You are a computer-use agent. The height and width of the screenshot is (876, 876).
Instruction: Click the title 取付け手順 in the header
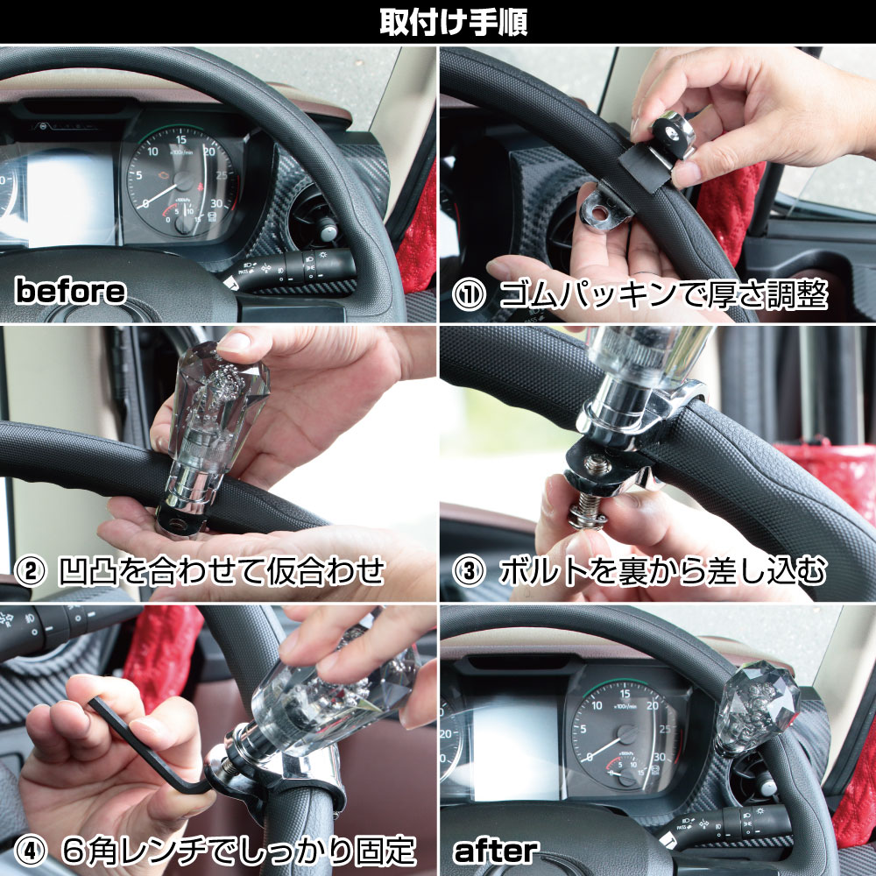click(x=453, y=23)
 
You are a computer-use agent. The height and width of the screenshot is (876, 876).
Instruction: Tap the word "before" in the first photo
click(x=70, y=291)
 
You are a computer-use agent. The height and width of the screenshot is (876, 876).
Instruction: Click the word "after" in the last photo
click(x=496, y=851)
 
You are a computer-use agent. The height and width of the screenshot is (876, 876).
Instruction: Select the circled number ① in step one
click(x=469, y=295)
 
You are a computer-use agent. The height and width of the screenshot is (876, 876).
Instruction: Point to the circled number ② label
click(x=30, y=570)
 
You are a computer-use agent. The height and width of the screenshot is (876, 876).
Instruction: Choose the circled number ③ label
click(x=469, y=571)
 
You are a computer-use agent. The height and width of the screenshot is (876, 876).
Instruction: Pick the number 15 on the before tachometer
click(x=181, y=139)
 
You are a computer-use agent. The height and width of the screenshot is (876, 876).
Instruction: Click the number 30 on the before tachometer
click(x=216, y=203)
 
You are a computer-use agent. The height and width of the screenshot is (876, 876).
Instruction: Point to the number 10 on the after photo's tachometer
click(x=597, y=705)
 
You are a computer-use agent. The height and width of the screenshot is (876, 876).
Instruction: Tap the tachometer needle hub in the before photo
click(x=183, y=180)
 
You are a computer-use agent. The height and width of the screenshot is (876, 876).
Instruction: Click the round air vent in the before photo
click(x=314, y=223)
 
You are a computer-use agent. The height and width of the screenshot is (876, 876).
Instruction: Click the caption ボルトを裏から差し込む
click(x=662, y=571)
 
